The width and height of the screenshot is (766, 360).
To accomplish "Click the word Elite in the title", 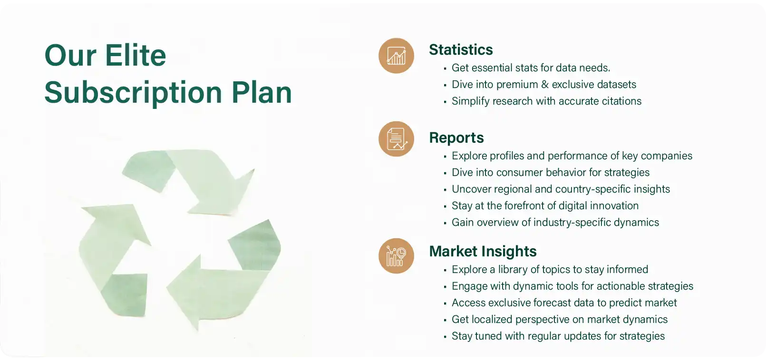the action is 136,55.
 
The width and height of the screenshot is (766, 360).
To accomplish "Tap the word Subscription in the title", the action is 133,94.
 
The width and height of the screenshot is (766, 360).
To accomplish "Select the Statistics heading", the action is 461,49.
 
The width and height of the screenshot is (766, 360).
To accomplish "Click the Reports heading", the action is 456,138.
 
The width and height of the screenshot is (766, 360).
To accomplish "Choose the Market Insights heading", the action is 483,251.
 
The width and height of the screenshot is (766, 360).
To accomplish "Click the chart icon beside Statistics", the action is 397,56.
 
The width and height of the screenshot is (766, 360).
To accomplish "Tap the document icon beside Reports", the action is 397,139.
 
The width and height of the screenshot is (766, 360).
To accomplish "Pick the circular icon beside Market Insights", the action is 397,256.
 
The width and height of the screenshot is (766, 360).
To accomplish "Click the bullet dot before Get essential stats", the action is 445,68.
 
